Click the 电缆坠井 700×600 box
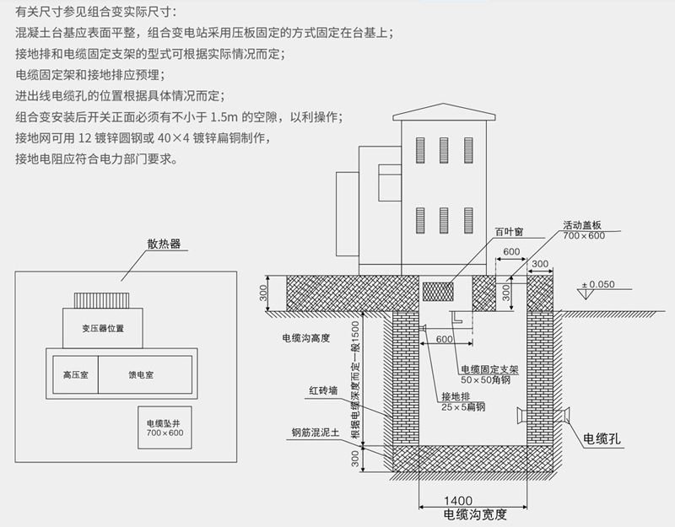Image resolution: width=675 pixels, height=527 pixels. [164, 428]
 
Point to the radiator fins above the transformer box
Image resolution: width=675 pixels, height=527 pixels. [105, 300]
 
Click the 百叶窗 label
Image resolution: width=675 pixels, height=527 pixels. [507, 231]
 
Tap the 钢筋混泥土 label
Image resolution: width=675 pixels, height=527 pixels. [314, 433]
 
